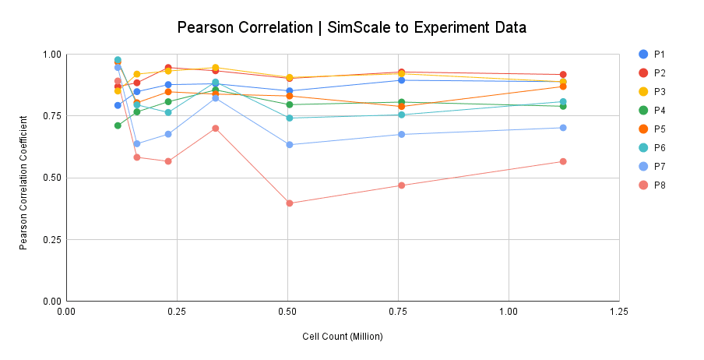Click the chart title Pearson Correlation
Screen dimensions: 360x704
352,28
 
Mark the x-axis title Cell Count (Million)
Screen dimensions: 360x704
343,337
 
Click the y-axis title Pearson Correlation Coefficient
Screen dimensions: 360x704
25,178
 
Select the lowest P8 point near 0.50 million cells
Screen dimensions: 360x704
290,203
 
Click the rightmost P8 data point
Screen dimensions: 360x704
563,161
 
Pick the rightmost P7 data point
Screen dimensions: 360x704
563,128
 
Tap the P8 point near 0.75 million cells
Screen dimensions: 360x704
402,185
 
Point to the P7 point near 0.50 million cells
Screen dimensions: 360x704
290,145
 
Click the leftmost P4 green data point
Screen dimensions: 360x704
118,125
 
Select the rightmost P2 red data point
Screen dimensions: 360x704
563,75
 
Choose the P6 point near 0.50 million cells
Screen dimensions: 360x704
290,118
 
